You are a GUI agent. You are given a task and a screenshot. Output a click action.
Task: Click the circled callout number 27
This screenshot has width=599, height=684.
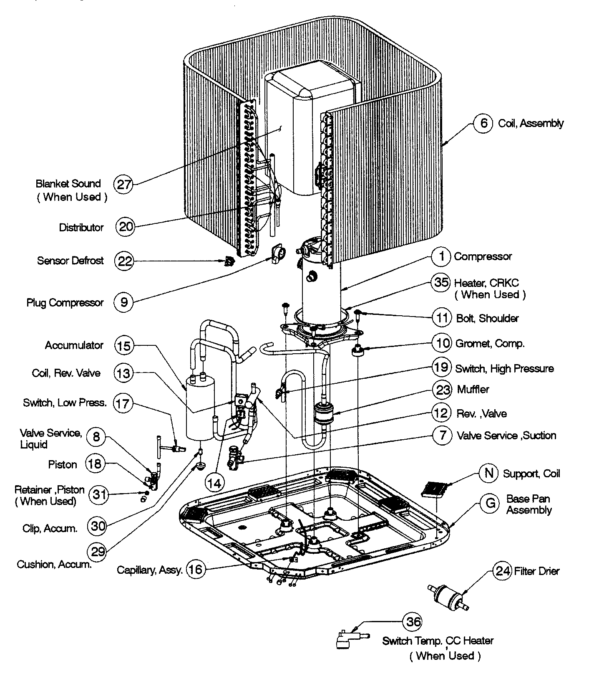click(x=124, y=184)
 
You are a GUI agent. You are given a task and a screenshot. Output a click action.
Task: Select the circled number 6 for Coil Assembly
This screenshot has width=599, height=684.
click(x=483, y=123)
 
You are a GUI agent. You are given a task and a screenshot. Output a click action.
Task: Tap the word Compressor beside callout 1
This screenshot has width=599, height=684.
click(x=483, y=256)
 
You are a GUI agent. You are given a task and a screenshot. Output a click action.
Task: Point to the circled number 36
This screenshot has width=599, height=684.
click(x=413, y=622)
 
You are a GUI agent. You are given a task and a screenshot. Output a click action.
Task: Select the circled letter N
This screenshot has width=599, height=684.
click(x=489, y=473)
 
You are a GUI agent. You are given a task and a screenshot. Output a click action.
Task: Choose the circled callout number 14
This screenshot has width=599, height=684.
click(x=214, y=484)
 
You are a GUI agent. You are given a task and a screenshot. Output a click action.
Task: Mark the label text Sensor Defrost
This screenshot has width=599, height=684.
click(x=70, y=261)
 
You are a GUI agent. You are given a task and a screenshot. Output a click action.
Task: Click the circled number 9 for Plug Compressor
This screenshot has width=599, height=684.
click(x=124, y=302)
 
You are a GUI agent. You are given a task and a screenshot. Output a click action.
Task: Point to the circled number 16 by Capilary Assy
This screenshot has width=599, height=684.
click(x=195, y=569)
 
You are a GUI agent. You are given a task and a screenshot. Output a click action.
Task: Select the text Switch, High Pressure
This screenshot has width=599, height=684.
click(x=504, y=368)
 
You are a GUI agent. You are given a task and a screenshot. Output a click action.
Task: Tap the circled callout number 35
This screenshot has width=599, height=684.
click(x=441, y=282)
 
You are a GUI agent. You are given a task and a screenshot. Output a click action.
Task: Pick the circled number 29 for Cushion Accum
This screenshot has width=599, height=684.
click(x=98, y=552)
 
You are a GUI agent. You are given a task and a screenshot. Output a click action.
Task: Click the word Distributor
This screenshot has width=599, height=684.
click(x=81, y=228)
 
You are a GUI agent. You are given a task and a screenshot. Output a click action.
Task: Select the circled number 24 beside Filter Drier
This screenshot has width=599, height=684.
click(x=503, y=570)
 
